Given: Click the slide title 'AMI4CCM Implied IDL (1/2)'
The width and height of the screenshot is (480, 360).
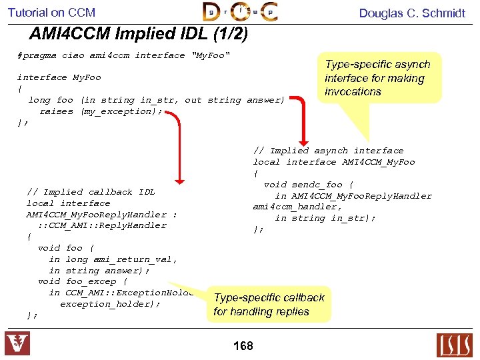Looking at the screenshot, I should [139, 33].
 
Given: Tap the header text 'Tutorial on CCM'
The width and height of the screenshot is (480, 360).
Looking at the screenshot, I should [51, 12].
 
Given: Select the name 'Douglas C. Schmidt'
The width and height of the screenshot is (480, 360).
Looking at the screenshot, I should [412, 13].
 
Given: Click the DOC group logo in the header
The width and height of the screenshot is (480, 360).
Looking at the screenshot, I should [240, 12].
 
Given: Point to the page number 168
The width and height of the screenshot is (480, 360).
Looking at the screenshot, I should [243, 346].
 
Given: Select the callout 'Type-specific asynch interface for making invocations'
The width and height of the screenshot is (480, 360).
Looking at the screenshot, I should [377, 78].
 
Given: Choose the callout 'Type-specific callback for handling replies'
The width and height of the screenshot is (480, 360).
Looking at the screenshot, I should [269, 305].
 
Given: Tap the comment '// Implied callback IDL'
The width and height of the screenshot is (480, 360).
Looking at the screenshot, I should [91, 192].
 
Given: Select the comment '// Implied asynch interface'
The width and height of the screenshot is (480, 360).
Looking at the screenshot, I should [328, 151].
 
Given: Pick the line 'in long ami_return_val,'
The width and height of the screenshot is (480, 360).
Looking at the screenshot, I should [113, 259].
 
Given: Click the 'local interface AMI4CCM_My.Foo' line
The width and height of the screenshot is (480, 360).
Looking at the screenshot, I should [333, 162].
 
